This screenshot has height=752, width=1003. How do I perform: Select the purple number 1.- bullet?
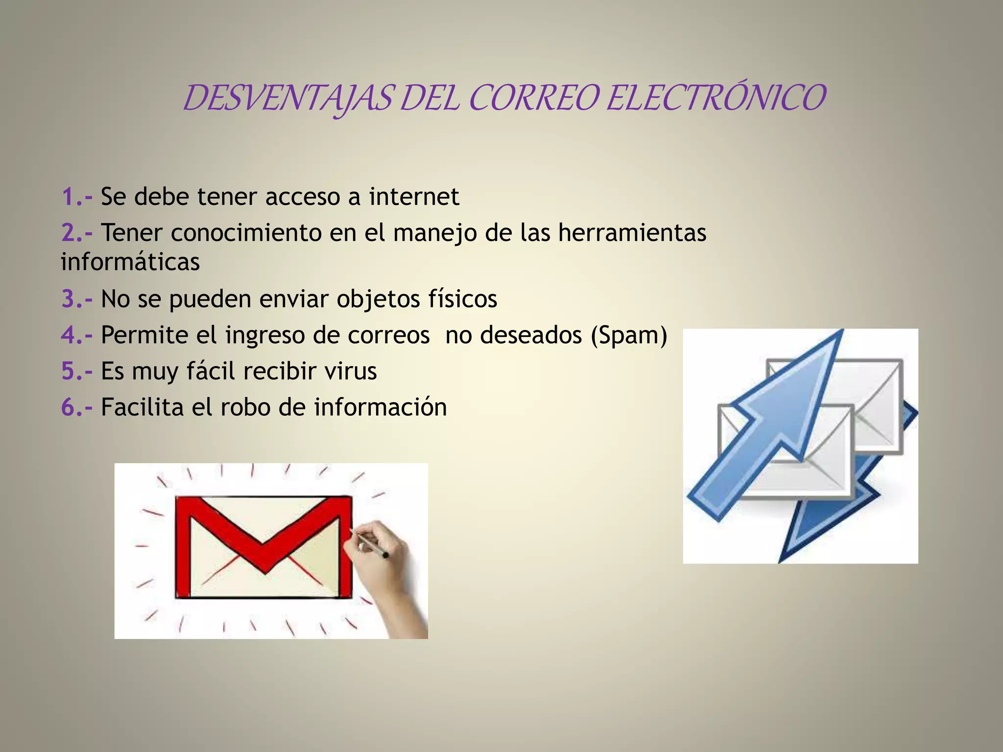point(77,197)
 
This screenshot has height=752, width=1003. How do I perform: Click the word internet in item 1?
point(414,197)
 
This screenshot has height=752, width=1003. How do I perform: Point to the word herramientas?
point(632,233)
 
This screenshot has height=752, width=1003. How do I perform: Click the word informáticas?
point(130,262)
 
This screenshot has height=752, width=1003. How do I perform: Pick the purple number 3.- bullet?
point(77,299)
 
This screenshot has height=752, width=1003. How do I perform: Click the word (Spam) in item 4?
point(629,336)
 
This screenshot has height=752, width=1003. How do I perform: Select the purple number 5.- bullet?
point(77,371)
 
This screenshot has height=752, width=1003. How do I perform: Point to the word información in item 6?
point(380,407)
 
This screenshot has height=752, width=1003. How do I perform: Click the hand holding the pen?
point(387,563)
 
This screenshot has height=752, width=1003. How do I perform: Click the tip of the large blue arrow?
point(840,333)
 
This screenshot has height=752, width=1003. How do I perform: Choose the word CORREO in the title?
point(534,98)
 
